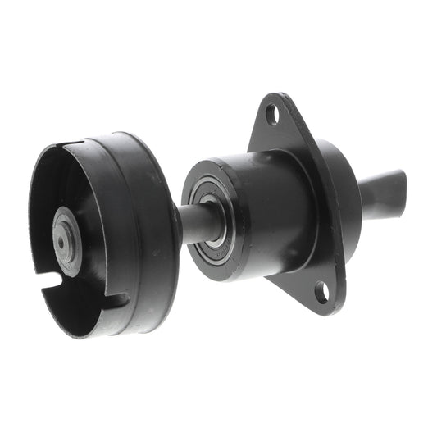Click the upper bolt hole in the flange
pyautogui.click(x=271, y=113)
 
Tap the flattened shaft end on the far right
pyautogui.click(x=384, y=193)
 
